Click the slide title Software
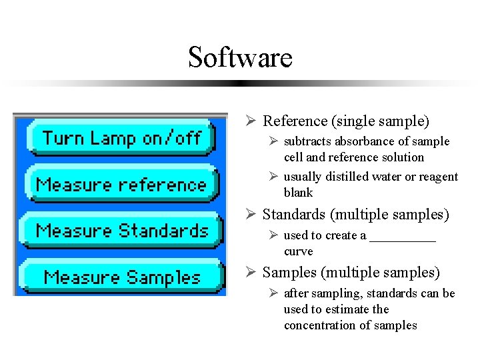coord(240,57)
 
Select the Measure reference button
coord(121,184)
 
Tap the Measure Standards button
coord(122,231)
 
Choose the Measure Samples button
coord(122,277)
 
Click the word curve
coord(298,251)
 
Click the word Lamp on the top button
coord(112,138)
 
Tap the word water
coord(391,177)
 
